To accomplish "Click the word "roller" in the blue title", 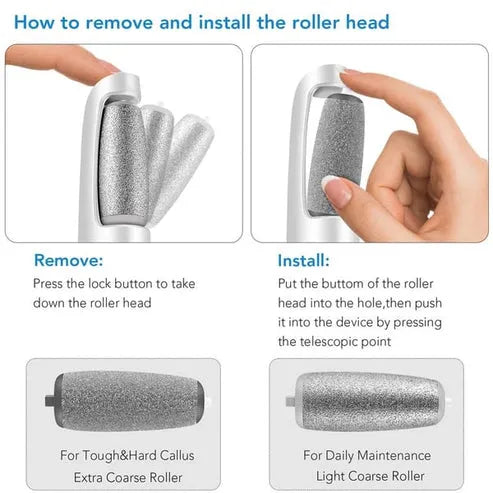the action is click(x=316, y=22).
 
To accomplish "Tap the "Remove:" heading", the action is click(x=68, y=260).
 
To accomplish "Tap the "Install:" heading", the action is click(x=303, y=260).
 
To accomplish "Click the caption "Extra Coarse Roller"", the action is click(x=128, y=477).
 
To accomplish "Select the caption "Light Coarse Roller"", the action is click(x=370, y=476).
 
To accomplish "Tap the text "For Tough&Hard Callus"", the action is click(x=127, y=455).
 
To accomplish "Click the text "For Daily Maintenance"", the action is click(x=367, y=455).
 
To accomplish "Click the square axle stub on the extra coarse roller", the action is click(x=50, y=400).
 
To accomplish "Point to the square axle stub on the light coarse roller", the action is click(x=290, y=401).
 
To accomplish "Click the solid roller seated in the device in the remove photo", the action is click(x=123, y=163).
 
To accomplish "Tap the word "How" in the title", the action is click(x=34, y=22).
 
